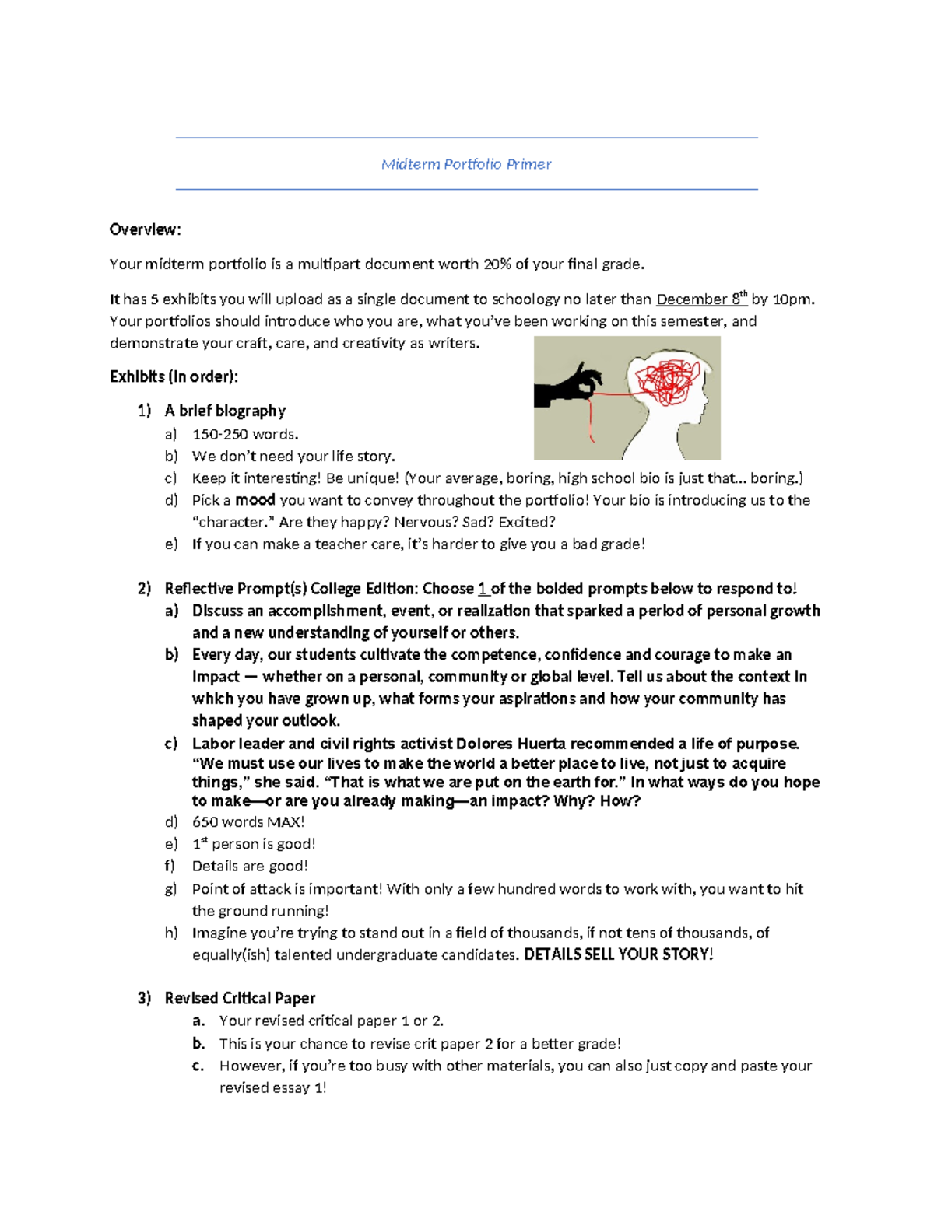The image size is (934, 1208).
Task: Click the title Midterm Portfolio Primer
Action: click(x=466, y=164)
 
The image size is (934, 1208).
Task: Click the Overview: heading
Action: click(x=145, y=229)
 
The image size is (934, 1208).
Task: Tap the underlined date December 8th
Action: click(x=700, y=299)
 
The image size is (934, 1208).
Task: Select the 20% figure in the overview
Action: click(x=497, y=264)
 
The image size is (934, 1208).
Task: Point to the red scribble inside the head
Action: click(x=668, y=380)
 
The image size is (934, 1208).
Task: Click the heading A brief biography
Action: click(x=225, y=411)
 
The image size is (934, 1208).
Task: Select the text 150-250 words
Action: click(x=244, y=434)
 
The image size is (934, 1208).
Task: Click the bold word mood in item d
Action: click(x=255, y=500)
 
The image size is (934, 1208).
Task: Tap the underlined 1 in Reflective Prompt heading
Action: click(x=483, y=589)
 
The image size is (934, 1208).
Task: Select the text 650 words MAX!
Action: click(x=248, y=822)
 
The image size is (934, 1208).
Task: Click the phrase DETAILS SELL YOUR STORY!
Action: click(x=618, y=954)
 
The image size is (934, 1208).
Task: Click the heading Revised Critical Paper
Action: click(x=240, y=998)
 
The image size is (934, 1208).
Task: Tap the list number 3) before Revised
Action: click(x=144, y=998)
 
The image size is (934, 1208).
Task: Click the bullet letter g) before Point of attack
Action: click(x=171, y=889)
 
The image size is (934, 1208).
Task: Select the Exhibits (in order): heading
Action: click(x=174, y=377)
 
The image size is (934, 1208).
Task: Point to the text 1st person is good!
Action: click(x=253, y=844)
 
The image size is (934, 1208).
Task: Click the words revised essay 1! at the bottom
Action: click(x=272, y=1088)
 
